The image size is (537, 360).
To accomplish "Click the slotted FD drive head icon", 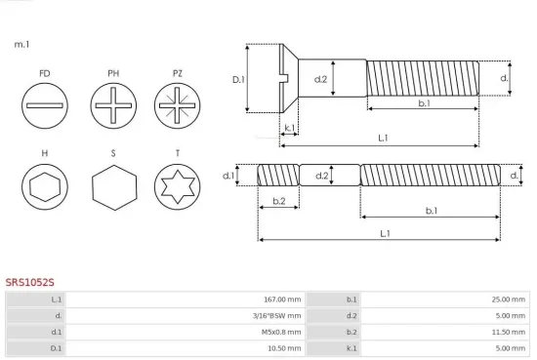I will [45, 103].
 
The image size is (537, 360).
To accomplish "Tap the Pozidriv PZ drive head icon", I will [177, 103].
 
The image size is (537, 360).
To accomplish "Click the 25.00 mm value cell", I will [510, 300].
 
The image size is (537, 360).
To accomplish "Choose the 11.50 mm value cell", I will [510, 332].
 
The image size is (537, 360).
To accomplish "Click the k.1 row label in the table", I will [351, 348].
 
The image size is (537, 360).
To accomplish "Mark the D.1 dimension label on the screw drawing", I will [238, 79].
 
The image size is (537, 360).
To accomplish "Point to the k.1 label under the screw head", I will [289, 128].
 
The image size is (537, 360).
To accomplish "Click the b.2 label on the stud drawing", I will [278, 201].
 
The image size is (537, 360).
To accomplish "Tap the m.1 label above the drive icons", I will [21, 45].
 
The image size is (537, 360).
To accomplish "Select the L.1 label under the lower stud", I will [385, 233].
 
